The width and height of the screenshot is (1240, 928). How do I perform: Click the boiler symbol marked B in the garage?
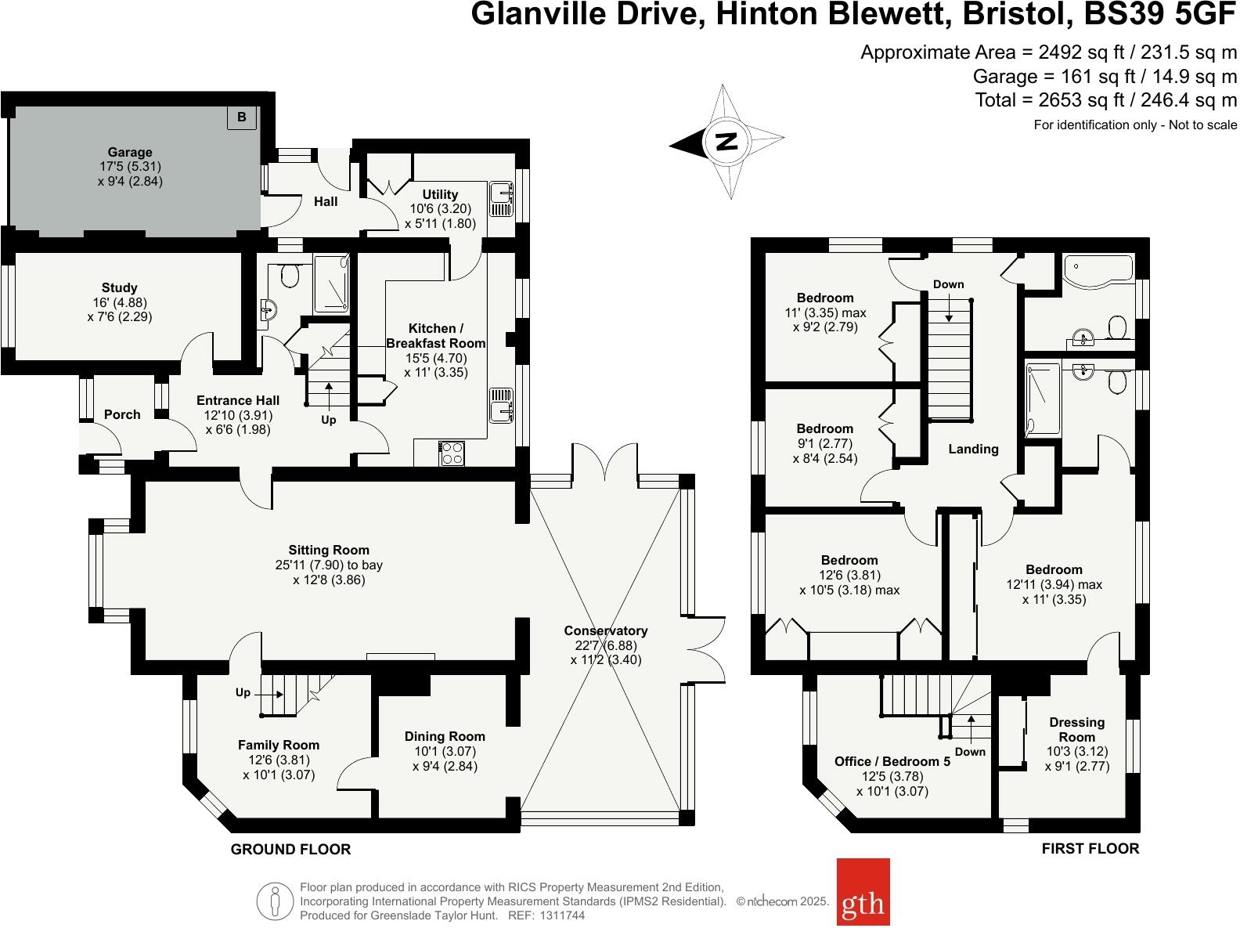(x=241, y=117)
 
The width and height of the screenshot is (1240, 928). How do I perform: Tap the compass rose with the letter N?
(x=727, y=142)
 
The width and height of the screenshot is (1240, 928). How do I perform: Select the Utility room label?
(x=440, y=194)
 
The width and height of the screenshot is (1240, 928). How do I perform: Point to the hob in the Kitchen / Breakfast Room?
(x=452, y=453)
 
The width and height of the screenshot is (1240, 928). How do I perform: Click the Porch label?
(x=122, y=414)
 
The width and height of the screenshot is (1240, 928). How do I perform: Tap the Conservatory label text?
(x=605, y=630)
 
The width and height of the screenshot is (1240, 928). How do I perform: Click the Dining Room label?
(x=445, y=736)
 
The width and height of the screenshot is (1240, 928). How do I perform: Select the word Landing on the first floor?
(x=973, y=449)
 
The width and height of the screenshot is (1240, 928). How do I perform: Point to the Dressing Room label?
(x=1076, y=729)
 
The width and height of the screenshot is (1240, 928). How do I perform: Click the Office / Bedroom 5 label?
(x=892, y=761)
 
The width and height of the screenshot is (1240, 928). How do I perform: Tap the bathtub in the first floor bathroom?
(x=1097, y=269)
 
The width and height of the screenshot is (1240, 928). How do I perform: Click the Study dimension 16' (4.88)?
(x=119, y=302)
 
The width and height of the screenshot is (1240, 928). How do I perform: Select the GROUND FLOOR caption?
(x=290, y=849)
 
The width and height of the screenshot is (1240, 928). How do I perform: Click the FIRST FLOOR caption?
(x=1090, y=848)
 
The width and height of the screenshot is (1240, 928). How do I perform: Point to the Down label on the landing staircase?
(x=948, y=284)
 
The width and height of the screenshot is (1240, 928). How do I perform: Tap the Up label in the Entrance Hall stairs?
(x=328, y=420)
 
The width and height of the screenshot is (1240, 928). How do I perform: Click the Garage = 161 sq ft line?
(x=1105, y=77)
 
